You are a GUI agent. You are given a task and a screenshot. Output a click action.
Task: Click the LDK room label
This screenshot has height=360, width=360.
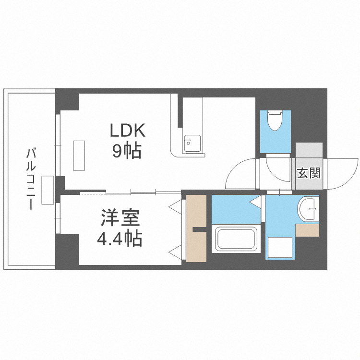[x=127, y=131]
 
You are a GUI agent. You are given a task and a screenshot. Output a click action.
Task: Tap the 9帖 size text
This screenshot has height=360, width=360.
[x=127, y=151]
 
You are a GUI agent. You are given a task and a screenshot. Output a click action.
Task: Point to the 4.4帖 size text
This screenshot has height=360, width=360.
[x=120, y=239]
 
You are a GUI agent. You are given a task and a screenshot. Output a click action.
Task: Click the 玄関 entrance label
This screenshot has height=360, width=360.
[x=309, y=173]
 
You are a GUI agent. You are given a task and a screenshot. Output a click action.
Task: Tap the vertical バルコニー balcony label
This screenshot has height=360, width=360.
[x=31, y=179]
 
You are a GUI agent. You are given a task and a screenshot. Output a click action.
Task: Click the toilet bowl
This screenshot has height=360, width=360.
[x=275, y=120]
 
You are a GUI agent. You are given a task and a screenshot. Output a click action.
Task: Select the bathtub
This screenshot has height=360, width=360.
[x=236, y=239]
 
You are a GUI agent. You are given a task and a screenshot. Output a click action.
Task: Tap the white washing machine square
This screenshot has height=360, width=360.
[x=280, y=247]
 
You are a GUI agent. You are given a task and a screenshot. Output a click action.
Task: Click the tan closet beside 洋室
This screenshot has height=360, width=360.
[x=196, y=228]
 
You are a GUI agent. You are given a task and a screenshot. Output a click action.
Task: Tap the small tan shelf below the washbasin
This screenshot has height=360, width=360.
[x=307, y=230]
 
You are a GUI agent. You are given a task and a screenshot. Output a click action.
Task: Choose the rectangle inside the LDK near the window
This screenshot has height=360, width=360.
[x=79, y=156]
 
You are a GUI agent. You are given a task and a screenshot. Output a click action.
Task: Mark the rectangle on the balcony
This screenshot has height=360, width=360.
[x=48, y=190]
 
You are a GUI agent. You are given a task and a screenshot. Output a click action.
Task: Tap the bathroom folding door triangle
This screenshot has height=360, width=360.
[x=255, y=202]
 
